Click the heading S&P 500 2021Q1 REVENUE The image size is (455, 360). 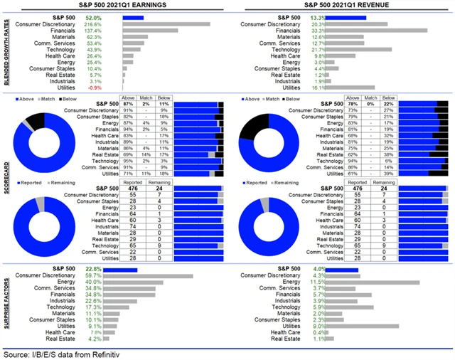click(x=341, y=5)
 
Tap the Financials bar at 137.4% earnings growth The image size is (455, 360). click(x=150, y=30)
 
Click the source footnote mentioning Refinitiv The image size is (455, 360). click(x=78, y=353)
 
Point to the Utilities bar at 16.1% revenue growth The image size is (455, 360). click(x=360, y=88)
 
